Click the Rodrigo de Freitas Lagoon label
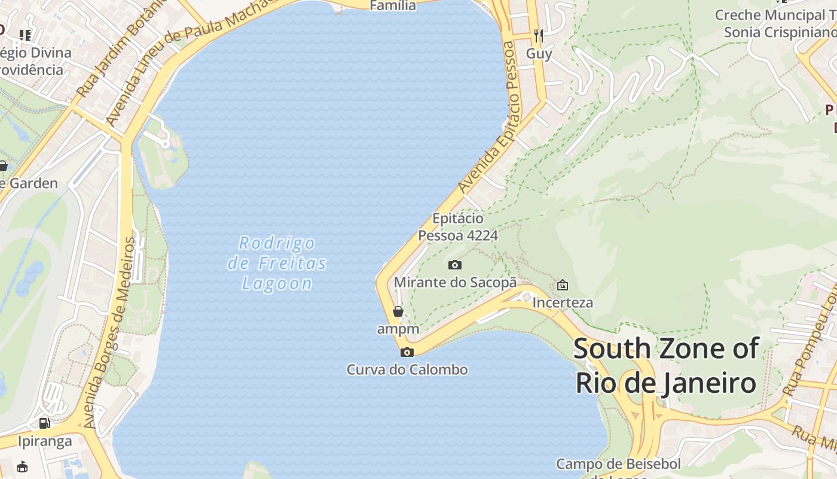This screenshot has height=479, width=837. pyautogui.click(x=277, y=263)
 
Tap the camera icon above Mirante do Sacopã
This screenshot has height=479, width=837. pyautogui.click(x=455, y=265)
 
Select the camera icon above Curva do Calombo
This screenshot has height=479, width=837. pyautogui.click(x=407, y=352)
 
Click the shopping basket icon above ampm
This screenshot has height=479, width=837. pyautogui.click(x=398, y=311)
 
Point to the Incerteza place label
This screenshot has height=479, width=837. pyautogui.click(x=563, y=302)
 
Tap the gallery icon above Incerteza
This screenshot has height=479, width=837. pyautogui.click(x=563, y=285)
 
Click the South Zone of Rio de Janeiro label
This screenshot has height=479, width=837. pyautogui.click(x=666, y=366)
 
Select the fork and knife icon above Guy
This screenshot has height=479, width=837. pyautogui.click(x=539, y=36)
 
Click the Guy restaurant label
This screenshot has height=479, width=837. pyautogui.click(x=539, y=53)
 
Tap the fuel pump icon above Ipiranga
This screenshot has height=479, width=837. pyautogui.click(x=44, y=423)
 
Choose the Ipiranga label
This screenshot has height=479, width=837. pyautogui.click(x=44, y=441)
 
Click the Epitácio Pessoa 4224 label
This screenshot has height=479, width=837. pyautogui.click(x=458, y=227)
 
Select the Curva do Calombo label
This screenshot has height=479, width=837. pyautogui.click(x=407, y=369)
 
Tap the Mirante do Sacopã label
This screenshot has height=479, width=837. pyautogui.click(x=455, y=282)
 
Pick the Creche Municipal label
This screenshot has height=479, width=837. pyautogui.click(x=775, y=23)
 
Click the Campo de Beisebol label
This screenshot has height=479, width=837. pyautogui.click(x=619, y=465)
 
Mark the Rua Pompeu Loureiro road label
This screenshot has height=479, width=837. pyautogui.click(x=810, y=341)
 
